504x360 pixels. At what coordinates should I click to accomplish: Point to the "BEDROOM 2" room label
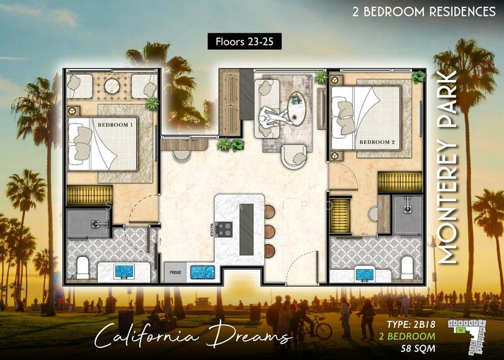click(377, 142)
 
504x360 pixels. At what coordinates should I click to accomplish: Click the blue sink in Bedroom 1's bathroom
click(123, 272)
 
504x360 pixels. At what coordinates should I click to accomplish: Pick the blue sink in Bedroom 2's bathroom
click(365, 273)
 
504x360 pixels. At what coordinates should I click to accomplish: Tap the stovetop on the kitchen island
click(225, 228)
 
